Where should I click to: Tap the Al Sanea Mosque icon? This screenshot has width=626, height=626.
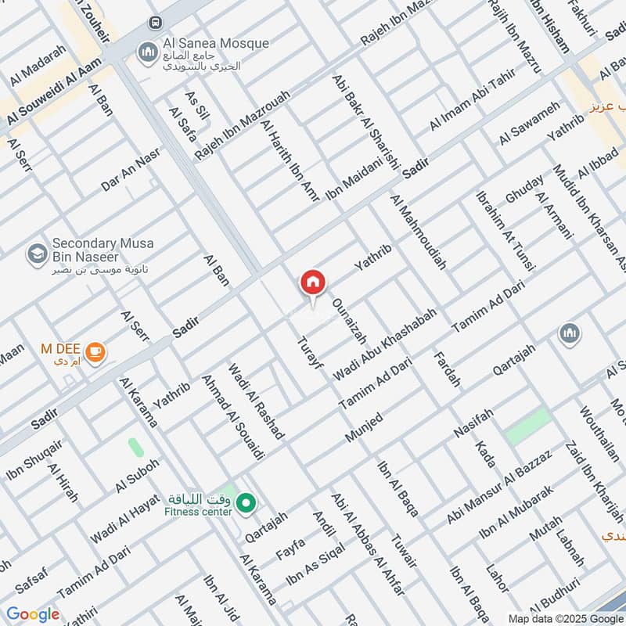(146, 52)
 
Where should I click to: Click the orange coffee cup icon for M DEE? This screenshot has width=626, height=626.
(95, 353)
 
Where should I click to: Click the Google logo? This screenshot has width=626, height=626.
(33, 614)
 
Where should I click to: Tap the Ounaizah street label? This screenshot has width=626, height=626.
(349, 322)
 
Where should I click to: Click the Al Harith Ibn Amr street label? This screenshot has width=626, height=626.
(291, 161)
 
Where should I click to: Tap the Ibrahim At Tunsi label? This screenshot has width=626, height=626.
(505, 230)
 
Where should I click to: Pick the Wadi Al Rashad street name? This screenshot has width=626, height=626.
(257, 401)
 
